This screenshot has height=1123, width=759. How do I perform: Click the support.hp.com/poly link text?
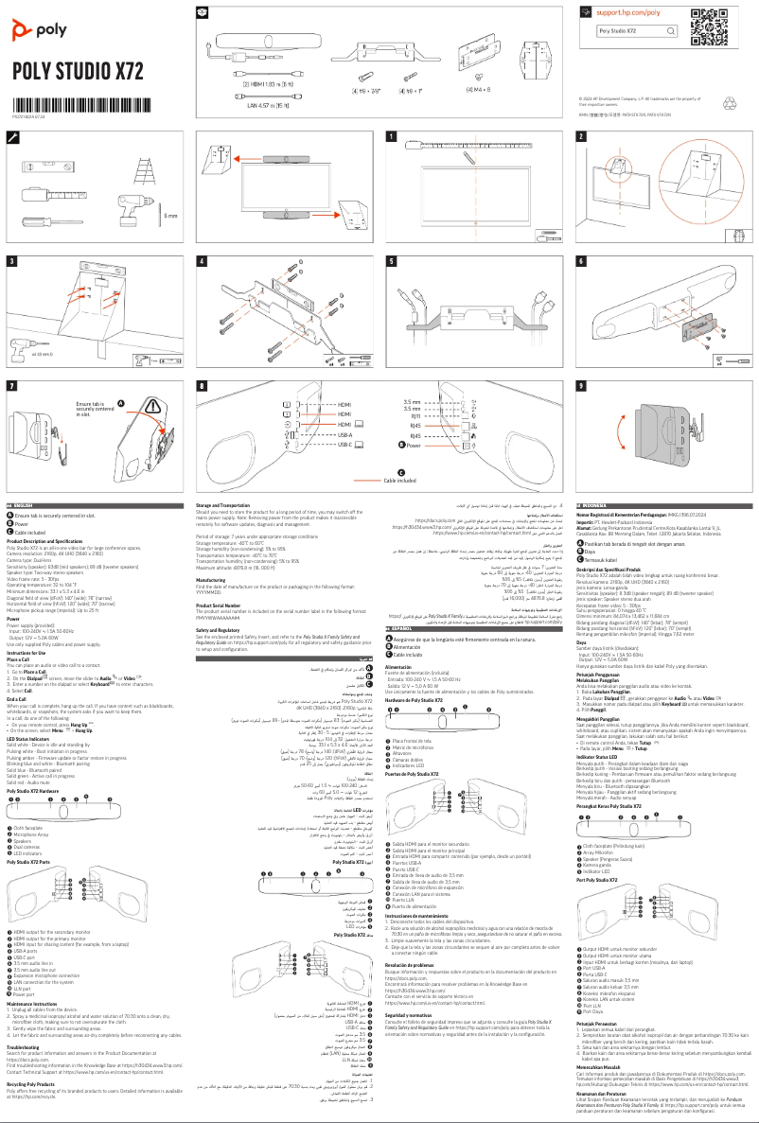(x=628, y=13)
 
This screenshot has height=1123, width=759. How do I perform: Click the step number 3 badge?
(x=12, y=259)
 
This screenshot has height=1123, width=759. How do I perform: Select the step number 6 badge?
(x=581, y=259)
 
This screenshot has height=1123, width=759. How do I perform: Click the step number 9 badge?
(x=581, y=385)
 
